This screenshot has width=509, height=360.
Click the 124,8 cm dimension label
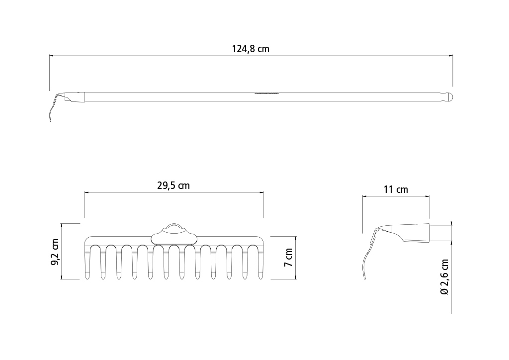coord(251,49)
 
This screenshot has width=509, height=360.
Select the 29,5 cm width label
coord(173,185)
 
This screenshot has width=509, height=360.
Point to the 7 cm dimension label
coord(288,258)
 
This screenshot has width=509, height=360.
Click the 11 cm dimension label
coord(396,189)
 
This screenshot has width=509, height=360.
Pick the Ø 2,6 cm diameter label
coord(444,276)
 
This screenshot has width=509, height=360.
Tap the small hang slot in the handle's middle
coord(266,93)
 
